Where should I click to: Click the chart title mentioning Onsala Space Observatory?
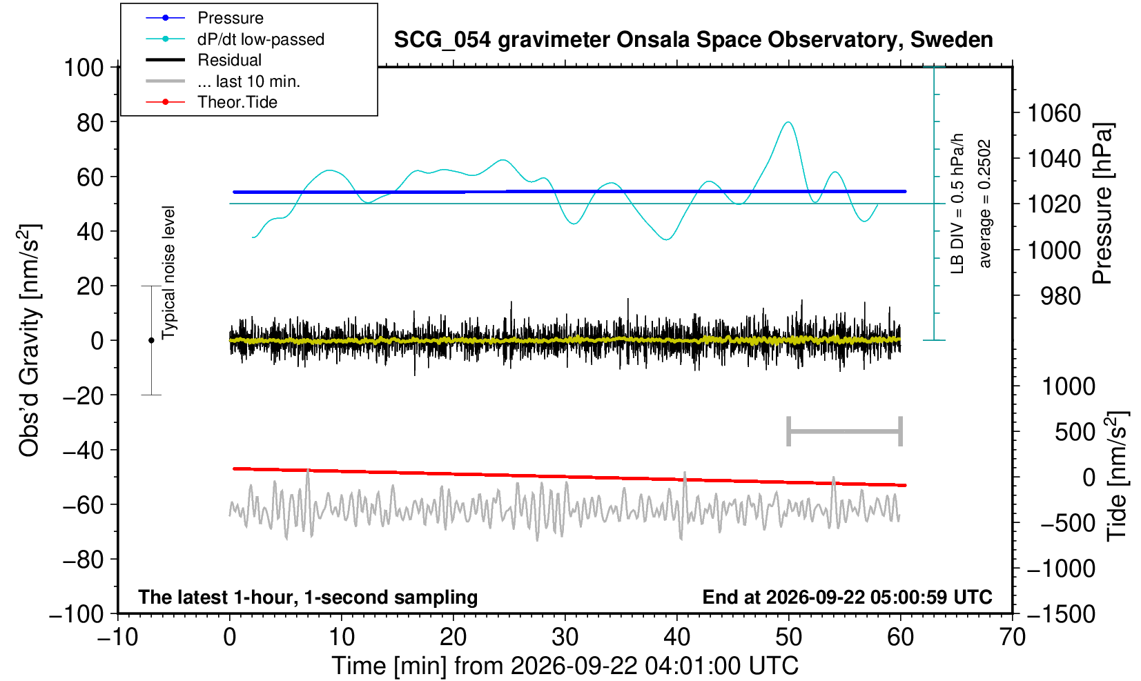pyautogui.click(x=693, y=40)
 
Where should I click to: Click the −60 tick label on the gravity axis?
pyautogui.click(x=83, y=505)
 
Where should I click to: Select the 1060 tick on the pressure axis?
pyautogui.click(x=1054, y=112)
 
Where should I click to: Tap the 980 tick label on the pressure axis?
pyautogui.click(x=1060, y=296)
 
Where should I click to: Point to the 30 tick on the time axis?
pyautogui.click(x=565, y=638)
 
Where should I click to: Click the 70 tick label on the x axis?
pyautogui.click(x=1012, y=638)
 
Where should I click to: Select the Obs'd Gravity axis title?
pyautogui.click(x=29, y=340)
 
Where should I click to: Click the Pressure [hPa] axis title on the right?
pyautogui.click(x=1103, y=204)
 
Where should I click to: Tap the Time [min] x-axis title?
pyautogui.click(x=565, y=666)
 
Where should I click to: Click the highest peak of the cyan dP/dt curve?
pyautogui.click(x=788, y=122)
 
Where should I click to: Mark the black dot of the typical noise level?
pyautogui.click(x=151, y=340)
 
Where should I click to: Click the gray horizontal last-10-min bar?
pyautogui.click(x=845, y=431)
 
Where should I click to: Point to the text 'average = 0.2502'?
pyautogui.click(x=985, y=204)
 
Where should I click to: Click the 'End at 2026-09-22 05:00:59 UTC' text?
pyautogui.click(x=847, y=597)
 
